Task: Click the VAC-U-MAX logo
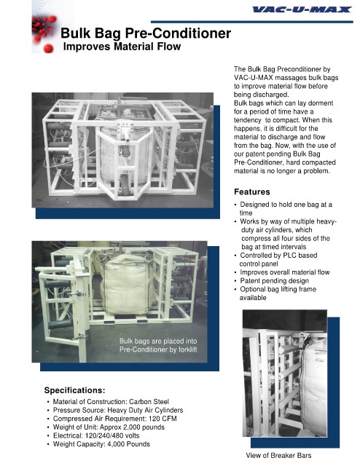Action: (x=302, y=9)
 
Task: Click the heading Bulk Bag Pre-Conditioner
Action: (x=146, y=33)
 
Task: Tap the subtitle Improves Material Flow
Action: (x=122, y=47)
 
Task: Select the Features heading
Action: (x=252, y=191)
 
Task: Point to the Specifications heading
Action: (x=74, y=390)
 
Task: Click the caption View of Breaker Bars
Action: (x=278, y=455)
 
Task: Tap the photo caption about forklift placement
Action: (x=158, y=345)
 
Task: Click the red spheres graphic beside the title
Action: (x=44, y=33)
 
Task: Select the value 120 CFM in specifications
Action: (x=163, y=419)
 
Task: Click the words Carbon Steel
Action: (x=149, y=401)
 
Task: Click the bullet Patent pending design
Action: (x=274, y=280)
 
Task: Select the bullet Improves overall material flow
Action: (x=285, y=272)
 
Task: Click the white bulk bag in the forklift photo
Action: (x=128, y=285)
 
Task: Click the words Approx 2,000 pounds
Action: (x=132, y=427)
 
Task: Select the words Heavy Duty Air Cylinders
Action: (x=145, y=410)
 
